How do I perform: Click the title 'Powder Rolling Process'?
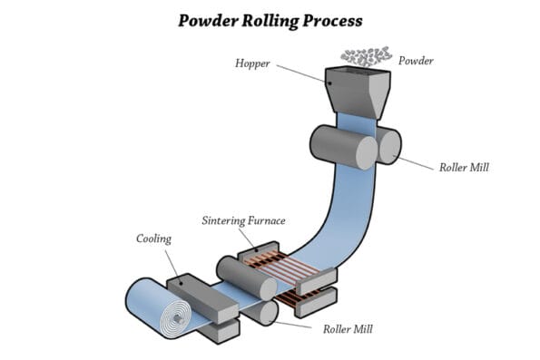click(270, 20)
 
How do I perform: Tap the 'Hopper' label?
click(252, 63)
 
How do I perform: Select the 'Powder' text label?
click(416, 61)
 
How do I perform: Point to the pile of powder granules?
click(367, 57)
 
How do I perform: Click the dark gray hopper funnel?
click(358, 89)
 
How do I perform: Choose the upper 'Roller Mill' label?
click(463, 167)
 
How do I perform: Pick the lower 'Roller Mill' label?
click(349, 328)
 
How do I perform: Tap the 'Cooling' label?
click(153, 239)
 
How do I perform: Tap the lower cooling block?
click(218, 329)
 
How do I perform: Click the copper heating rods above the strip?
click(277, 263)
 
